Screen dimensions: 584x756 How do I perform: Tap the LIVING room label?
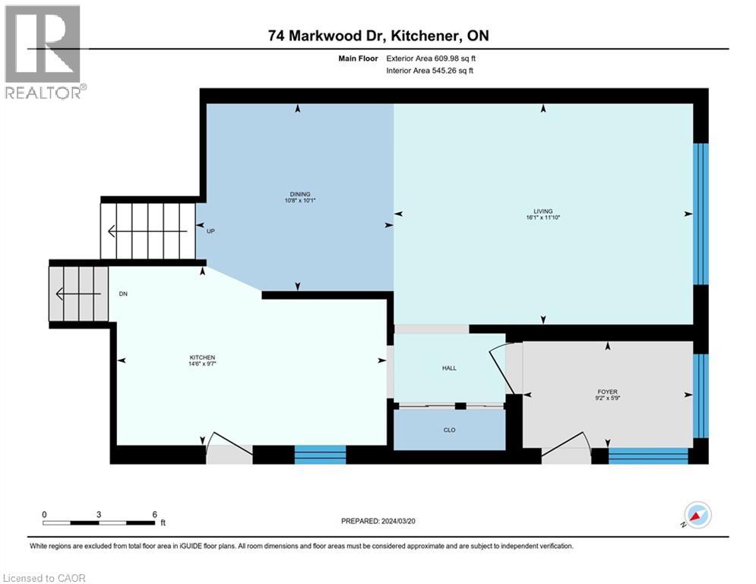[x=542, y=211]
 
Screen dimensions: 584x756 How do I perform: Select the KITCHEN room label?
[x=203, y=357]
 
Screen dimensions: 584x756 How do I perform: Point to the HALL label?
[x=449, y=368]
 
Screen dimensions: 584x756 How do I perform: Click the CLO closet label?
[x=449, y=430]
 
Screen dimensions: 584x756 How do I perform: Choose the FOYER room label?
[x=606, y=392]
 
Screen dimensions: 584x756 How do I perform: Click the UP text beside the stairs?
[x=212, y=231]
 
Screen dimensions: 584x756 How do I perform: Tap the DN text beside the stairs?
[x=124, y=293]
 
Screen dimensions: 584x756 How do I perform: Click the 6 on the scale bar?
[x=154, y=514]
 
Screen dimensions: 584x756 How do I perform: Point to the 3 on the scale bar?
[x=99, y=514]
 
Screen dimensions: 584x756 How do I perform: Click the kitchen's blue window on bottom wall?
[x=320, y=455]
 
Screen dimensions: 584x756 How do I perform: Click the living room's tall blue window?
[x=702, y=214]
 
